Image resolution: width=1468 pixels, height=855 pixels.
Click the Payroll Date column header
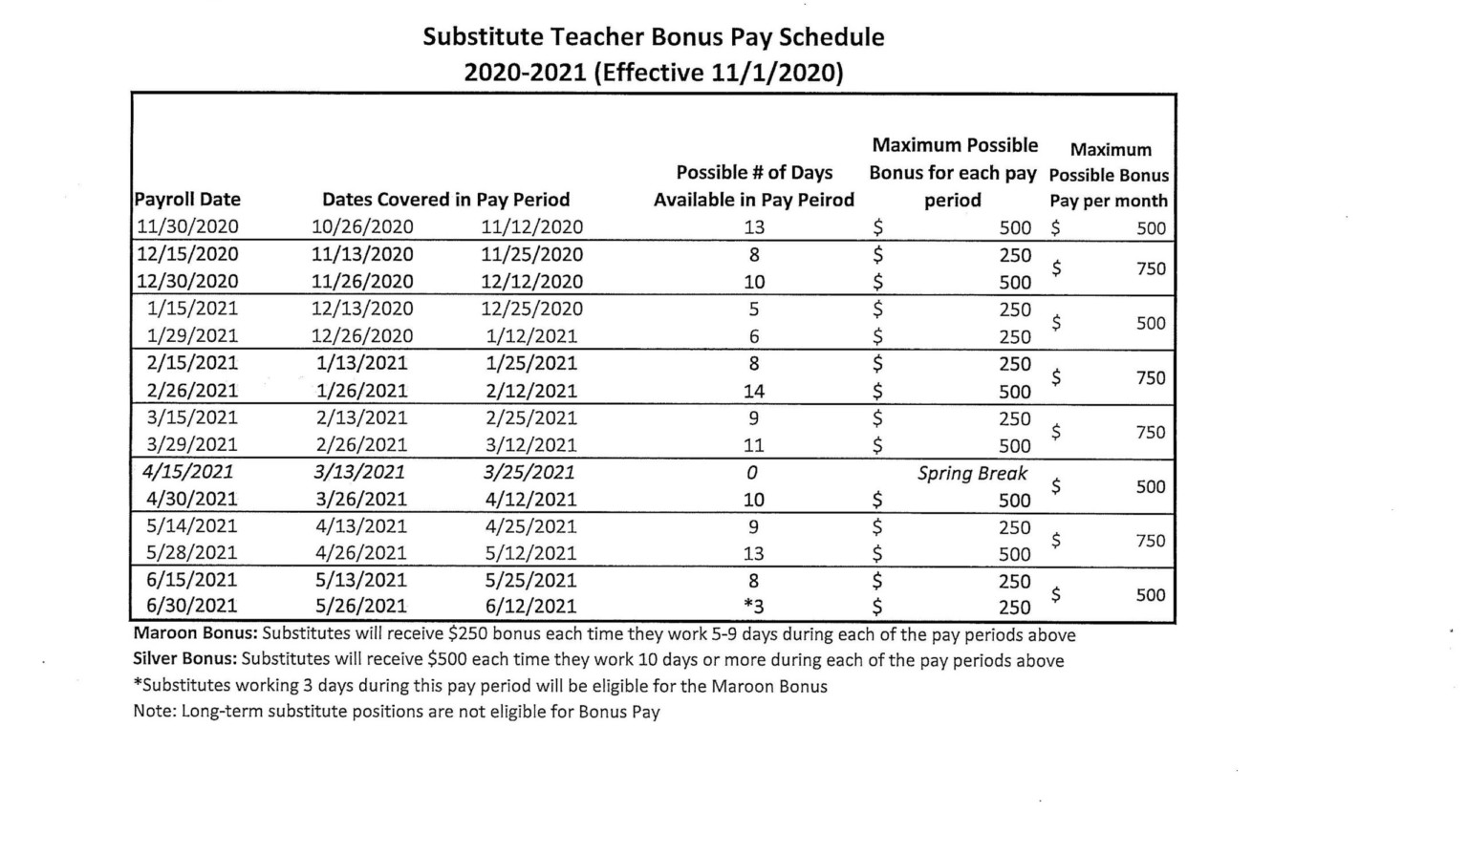click(187, 200)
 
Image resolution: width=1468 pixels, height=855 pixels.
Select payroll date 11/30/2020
click(187, 227)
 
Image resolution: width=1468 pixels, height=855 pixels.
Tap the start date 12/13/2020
click(362, 309)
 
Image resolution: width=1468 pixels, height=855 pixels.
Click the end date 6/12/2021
click(530, 607)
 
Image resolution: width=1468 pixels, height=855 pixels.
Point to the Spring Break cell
click(972, 473)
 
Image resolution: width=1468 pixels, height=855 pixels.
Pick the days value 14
click(753, 391)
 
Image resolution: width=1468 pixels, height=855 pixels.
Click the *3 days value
click(753, 607)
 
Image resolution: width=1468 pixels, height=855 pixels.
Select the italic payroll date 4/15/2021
click(187, 472)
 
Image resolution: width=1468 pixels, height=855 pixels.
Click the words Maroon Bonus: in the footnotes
click(196, 634)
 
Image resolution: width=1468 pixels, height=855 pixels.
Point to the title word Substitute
click(485, 37)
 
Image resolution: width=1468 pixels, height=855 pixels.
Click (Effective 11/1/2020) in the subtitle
click(718, 74)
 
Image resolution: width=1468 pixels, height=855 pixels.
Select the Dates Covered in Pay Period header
click(445, 200)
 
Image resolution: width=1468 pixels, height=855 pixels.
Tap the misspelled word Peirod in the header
click(825, 200)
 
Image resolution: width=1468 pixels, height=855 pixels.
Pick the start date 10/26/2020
click(362, 227)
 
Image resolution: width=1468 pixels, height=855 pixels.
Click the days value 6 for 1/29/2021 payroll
click(753, 336)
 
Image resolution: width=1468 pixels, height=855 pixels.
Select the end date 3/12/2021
click(530, 445)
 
